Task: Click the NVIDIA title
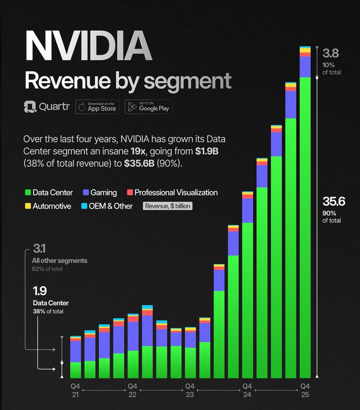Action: coord(88,47)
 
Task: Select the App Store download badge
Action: coord(97,107)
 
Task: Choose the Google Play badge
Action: coord(148,107)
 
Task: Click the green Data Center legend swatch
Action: coord(28,193)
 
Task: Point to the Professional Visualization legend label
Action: coord(176,193)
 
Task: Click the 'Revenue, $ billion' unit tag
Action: coord(168,206)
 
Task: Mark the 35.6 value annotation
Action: coord(334,201)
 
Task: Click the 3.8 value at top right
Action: coord(330,53)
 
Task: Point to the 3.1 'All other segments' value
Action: coord(39,249)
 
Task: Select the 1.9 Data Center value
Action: coord(40,291)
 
